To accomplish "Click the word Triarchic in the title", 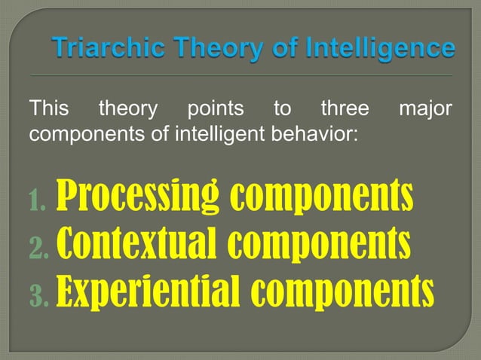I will pyautogui.click(x=101, y=49).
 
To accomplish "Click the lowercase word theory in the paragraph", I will pyautogui.click(x=128, y=110).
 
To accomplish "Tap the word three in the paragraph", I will pyautogui.click(x=345, y=110).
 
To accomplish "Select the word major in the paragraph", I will pyautogui.click(x=425, y=110).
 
